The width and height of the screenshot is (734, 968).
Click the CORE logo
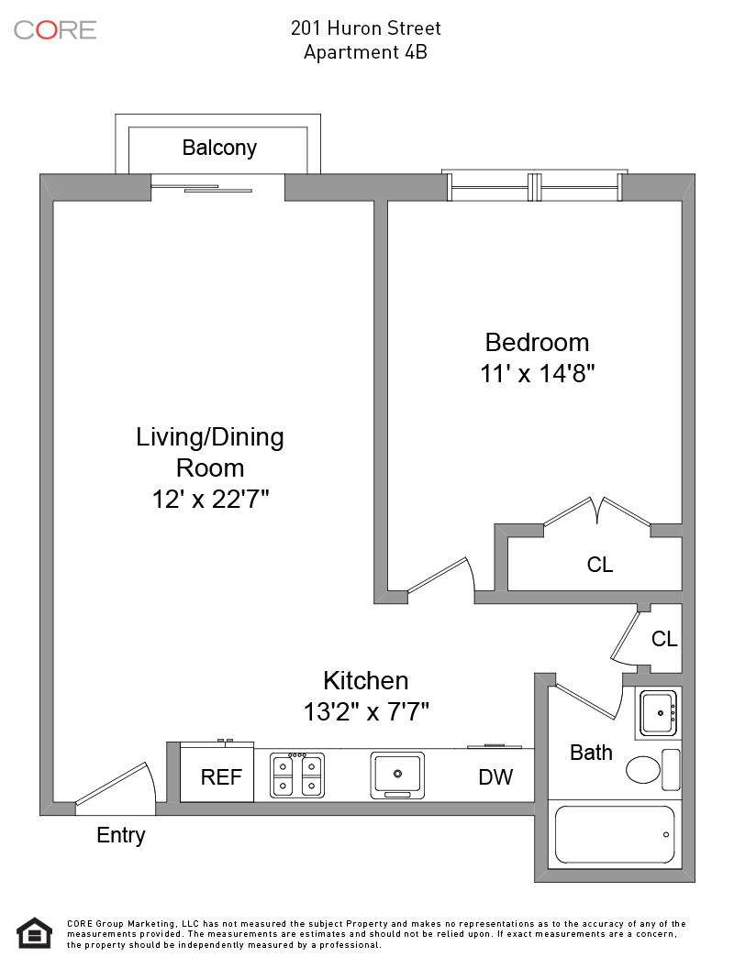coord(55,30)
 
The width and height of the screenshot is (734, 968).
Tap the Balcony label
coord(219,148)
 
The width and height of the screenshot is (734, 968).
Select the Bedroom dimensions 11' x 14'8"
coord(538,373)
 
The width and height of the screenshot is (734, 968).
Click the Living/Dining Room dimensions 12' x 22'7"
coord(211,499)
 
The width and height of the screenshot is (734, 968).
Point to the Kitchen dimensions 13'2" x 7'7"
coord(366,712)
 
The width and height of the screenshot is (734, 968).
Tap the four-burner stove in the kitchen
coord(297,775)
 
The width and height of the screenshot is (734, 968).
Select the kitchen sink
coord(397,775)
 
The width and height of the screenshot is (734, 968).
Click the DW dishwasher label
coord(495,777)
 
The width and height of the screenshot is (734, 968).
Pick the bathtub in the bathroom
coord(615,835)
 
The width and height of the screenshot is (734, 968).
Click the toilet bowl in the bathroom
coord(643,770)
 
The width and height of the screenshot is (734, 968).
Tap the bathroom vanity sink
coord(659,713)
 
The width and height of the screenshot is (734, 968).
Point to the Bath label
coord(591,753)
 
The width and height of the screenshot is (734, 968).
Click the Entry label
coord(121,835)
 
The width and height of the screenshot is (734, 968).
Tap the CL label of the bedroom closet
coord(600,565)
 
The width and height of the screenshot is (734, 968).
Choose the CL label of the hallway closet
coord(664,639)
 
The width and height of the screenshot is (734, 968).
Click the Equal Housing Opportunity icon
coord(34,933)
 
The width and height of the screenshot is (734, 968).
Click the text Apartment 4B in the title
coord(366,52)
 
